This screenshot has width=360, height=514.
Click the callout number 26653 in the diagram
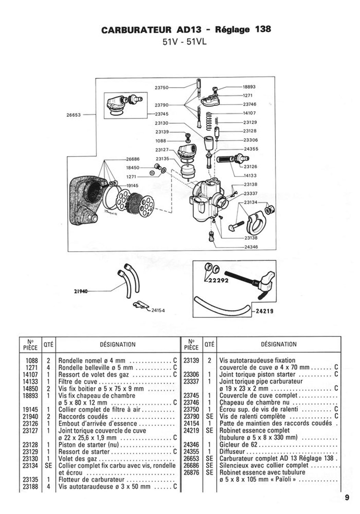click(74, 115)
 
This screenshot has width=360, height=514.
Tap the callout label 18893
click(249, 87)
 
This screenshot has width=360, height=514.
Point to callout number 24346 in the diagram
click(251, 247)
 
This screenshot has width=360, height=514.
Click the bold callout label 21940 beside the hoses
click(81, 291)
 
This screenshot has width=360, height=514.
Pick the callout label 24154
click(158, 310)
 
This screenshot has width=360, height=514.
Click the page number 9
click(347, 498)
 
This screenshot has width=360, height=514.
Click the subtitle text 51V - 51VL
click(184, 42)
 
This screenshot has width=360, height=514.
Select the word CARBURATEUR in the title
click(136, 30)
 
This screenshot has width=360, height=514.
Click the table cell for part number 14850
click(30, 389)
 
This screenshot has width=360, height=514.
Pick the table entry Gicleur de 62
click(238, 444)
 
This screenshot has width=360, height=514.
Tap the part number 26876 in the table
click(191, 473)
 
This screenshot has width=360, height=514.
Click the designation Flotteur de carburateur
click(92, 480)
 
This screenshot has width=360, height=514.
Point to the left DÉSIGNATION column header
click(118, 344)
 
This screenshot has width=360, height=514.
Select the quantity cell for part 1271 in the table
click(48, 368)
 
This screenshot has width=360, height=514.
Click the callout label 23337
click(251, 194)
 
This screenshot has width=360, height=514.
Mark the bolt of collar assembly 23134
click(236, 226)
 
